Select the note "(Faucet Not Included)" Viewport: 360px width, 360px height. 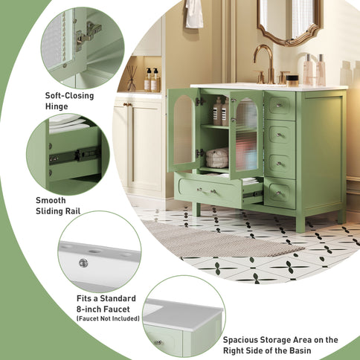point(106,318)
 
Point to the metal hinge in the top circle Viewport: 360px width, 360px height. point(89,33)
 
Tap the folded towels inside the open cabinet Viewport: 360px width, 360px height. point(217,157)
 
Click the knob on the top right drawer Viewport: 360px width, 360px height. point(280,105)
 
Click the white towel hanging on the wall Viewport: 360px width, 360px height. point(194,13)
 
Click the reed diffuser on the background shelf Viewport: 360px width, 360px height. point(132,77)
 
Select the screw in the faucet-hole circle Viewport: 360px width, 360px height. point(83,262)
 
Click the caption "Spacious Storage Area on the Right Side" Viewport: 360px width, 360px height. point(280,345)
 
